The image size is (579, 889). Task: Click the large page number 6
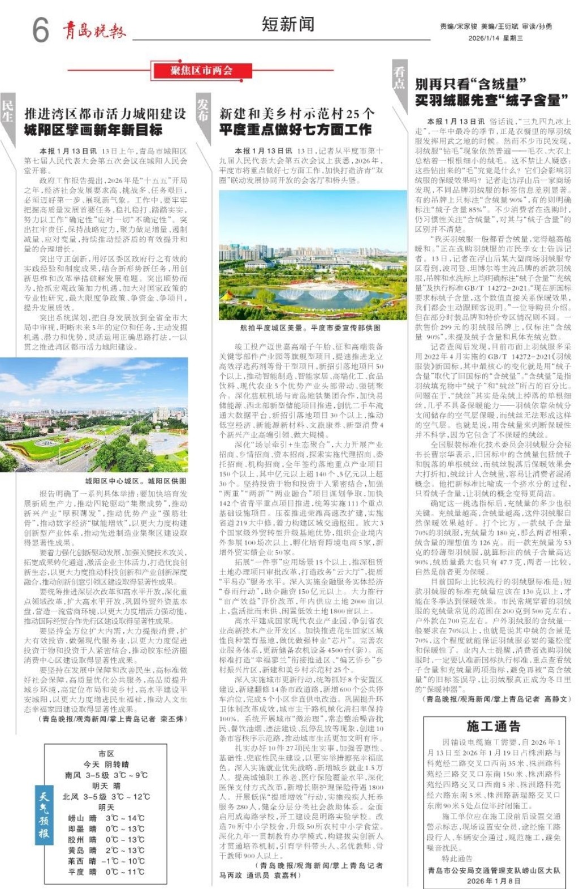pyautogui.click(x=41, y=29)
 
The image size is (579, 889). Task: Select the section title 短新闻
pyautogui.click(x=288, y=24)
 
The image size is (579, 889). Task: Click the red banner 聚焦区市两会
pyautogui.click(x=201, y=71)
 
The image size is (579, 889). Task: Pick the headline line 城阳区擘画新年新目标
pyautogui.click(x=93, y=130)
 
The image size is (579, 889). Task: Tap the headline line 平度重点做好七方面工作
pyautogui.click(x=295, y=130)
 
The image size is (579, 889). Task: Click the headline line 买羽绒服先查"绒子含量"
pyautogui.click(x=491, y=101)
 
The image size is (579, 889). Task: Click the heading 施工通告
pyautogui.click(x=493, y=726)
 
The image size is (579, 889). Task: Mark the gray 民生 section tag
pyautogui.click(x=7, y=111)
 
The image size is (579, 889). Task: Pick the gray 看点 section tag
pyautogui.click(x=399, y=78)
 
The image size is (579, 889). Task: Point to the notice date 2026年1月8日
pyautogui.click(x=494, y=881)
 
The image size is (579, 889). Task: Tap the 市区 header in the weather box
pyautogui.click(x=106, y=753)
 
